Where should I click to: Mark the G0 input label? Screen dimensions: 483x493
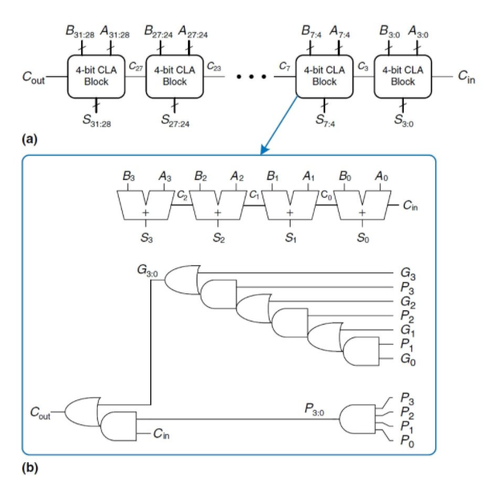pyautogui.click(x=408, y=362)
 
